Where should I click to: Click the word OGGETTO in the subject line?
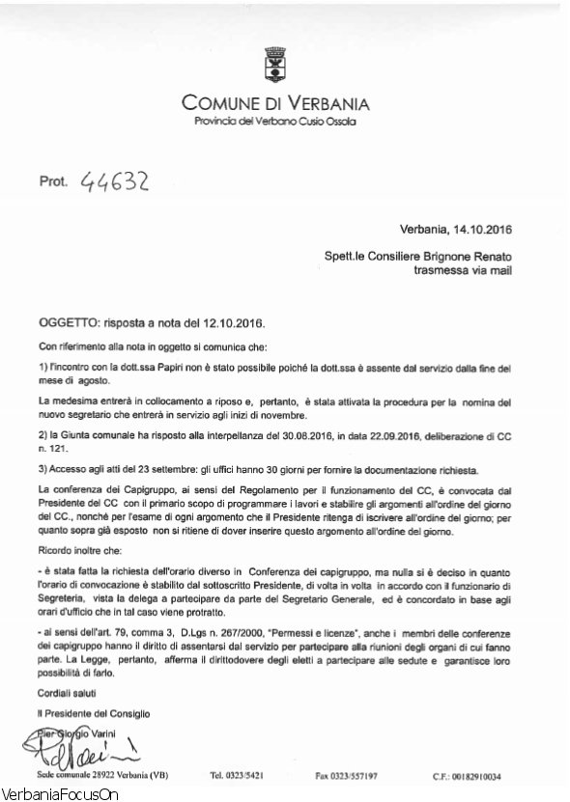point(71,319)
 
